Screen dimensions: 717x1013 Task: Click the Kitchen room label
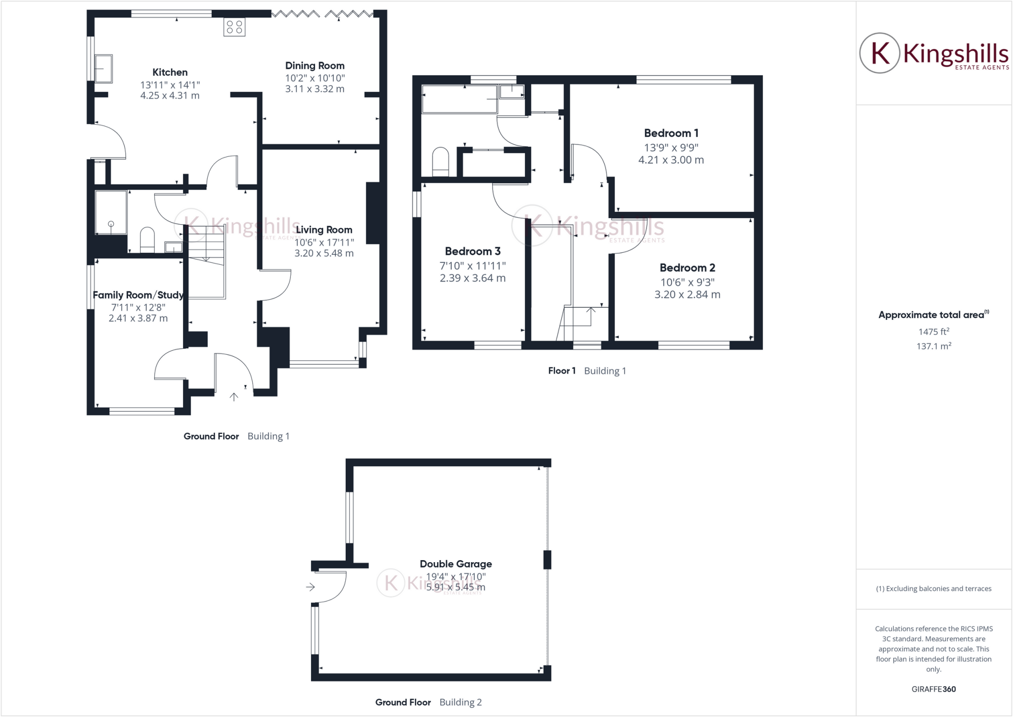(x=170, y=72)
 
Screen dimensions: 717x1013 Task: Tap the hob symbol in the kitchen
(x=234, y=27)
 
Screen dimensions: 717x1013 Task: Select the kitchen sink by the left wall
(x=103, y=68)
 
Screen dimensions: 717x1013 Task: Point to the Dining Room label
(x=315, y=66)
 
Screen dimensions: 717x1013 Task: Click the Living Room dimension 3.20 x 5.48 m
(x=324, y=253)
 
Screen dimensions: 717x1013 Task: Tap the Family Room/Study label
(x=138, y=295)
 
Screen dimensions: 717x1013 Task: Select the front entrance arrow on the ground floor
(x=234, y=396)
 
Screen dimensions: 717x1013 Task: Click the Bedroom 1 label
(x=671, y=133)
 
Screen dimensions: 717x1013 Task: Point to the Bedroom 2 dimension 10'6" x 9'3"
(x=687, y=282)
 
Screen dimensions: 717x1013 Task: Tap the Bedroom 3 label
(x=472, y=251)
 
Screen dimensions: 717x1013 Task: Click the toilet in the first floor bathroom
(x=440, y=161)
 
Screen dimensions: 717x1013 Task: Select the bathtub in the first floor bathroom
(x=459, y=99)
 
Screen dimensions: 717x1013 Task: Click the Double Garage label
(x=456, y=564)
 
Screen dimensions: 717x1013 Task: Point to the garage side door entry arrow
(x=310, y=587)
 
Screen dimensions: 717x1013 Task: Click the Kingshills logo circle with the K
(x=879, y=53)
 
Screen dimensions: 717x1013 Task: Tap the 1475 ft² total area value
(x=933, y=332)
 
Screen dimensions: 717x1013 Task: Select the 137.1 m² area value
(x=933, y=346)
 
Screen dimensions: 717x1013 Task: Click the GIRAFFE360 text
(x=933, y=689)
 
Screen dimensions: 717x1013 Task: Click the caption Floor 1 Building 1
(x=587, y=371)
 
